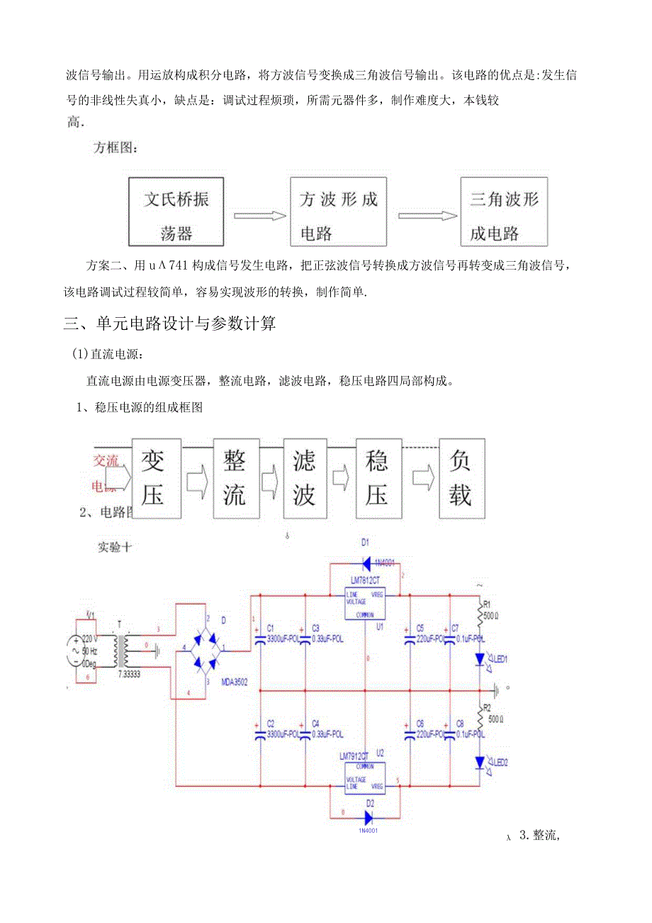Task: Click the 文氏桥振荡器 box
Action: pyautogui.click(x=176, y=211)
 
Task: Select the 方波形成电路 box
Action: pyautogui.click(x=338, y=211)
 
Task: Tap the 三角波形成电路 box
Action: pyautogui.click(x=504, y=211)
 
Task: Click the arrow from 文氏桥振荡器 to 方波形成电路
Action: pyautogui.click(x=257, y=215)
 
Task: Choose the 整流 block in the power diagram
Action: pyautogui.click(x=235, y=478)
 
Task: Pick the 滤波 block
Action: pyautogui.click(x=305, y=478)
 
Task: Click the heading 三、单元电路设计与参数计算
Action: pyautogui.click(x=169, y=324)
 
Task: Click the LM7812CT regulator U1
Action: pyautogui.click(x=364, y=603)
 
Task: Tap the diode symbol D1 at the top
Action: pyautogui.click(x=366, y=564)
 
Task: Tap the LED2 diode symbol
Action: pyautogui.click(x=480, y=763)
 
